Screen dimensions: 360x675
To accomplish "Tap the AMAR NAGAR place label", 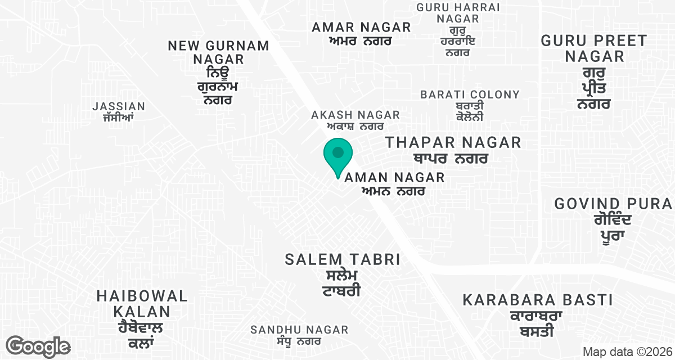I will (x=361, y=27).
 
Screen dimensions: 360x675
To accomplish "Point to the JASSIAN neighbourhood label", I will (x=119, y=106).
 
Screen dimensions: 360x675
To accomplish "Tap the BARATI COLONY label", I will (x=470, y=94).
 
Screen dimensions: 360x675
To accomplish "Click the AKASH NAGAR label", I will (x=355, y=115).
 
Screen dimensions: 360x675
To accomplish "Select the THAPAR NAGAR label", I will (x=453, y=143).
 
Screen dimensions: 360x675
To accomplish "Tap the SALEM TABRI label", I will (x=342, y=260).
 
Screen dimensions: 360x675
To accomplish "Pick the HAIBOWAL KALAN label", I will (x=141, y=304).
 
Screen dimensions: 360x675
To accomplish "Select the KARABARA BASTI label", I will (x=537, y=300).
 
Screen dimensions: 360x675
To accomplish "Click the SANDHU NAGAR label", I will (x=299, y=330).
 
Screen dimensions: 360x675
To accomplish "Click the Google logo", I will (x=38, y=346).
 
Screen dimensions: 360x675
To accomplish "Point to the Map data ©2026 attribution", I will (x=626, y=352).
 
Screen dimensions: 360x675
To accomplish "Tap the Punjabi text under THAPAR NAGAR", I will (x=449, y=159).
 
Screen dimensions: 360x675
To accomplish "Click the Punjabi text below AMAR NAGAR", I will (x=360, y=41).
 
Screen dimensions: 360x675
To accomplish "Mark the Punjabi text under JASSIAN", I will (x=118, y=118).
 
